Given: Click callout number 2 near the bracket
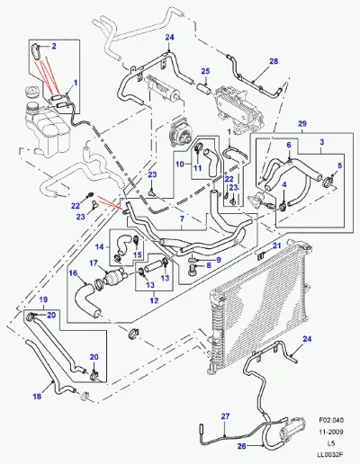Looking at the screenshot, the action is pos(54,46).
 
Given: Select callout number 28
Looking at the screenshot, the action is pos(274,61).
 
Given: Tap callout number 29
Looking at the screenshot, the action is pos(302,123).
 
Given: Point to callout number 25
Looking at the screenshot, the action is pos(205,71).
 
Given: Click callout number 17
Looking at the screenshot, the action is pos(94,263).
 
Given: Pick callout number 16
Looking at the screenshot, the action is pos(73,273).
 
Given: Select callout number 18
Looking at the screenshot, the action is pos(37,397).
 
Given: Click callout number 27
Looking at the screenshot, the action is pos(225,416).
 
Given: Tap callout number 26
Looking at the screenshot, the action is pos(241,446).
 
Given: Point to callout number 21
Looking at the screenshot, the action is pos(276,245).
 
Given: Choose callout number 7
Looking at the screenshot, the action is pos(182,219).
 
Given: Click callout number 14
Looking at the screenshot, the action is pos(99,247).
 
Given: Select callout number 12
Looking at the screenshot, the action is pos(154,300).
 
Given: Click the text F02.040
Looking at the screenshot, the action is pos(331,420).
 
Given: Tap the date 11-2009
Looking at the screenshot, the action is pos(331,432).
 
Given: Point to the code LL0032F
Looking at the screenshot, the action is pos(331,455).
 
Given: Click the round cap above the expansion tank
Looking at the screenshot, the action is pos(31,92).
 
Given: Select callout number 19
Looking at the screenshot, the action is pos(43,299).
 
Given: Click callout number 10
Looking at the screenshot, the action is pos(179,164).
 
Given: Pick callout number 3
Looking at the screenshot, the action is pos(322,142).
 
